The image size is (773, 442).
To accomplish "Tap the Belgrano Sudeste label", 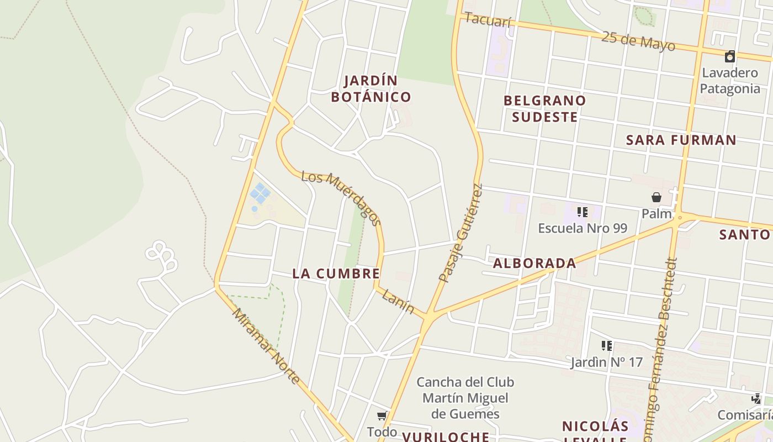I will [x=544, y=109].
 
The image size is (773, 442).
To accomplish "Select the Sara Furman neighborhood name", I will [x=681, y=140].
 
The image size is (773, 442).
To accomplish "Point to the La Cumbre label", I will [x=336, y=273].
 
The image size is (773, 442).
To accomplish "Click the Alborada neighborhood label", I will [x=534, y=264].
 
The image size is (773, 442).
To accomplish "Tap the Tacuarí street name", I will [x=488, y=20].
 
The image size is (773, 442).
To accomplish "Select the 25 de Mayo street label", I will [x=638, y=41].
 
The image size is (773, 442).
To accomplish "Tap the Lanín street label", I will [x=398, y=302].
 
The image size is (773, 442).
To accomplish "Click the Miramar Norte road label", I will [x=266, y=346].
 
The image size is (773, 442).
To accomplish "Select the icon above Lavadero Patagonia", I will [x=730, y=56].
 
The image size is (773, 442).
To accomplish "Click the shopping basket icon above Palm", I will [x=656, y=197].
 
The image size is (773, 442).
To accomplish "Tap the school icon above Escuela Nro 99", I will [x=582, y=212].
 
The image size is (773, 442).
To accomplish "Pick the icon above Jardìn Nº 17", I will [x=607, y=346].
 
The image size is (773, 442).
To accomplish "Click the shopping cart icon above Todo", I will [x=382, y=416].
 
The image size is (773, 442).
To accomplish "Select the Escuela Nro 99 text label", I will [x=583, y=228].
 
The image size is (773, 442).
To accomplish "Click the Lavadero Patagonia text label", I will [x=730, y=81].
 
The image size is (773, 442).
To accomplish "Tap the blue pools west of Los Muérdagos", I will [x=260, y=194].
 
